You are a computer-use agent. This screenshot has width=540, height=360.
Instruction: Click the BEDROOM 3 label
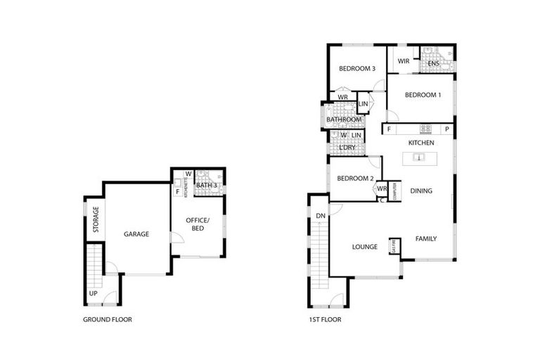point(357,69)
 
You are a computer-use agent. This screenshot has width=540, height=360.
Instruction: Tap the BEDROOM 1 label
point(423,96)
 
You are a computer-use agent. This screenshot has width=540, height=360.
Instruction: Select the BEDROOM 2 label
point(354,179)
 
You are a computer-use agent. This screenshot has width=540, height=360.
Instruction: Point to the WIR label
point(404,61)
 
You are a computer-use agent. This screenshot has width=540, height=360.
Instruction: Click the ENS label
point(433,64)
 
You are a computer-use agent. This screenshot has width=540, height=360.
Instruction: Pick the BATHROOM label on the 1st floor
point(344,120)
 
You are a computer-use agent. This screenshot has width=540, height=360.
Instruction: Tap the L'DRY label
point(346,148)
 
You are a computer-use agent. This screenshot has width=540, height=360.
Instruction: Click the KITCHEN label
point(421,143)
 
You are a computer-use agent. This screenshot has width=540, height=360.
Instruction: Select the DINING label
point(421,191)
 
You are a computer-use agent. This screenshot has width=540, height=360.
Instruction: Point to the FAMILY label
point(425,239)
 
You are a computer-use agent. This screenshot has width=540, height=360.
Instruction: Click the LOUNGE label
point(365,247)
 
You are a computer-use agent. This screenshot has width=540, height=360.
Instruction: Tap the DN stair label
point(320,215)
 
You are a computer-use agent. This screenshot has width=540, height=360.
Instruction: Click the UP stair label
point(93,293)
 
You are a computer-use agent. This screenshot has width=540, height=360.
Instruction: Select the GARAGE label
point(136,234)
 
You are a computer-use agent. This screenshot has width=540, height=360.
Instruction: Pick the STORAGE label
point(96,219)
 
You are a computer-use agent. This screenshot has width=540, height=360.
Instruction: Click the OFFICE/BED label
point(198,225)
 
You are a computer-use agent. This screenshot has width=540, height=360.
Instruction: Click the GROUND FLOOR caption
point(108,319)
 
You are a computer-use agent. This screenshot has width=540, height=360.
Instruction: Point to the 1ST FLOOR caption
point(324,319)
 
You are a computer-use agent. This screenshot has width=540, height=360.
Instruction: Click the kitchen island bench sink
point(418,158)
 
